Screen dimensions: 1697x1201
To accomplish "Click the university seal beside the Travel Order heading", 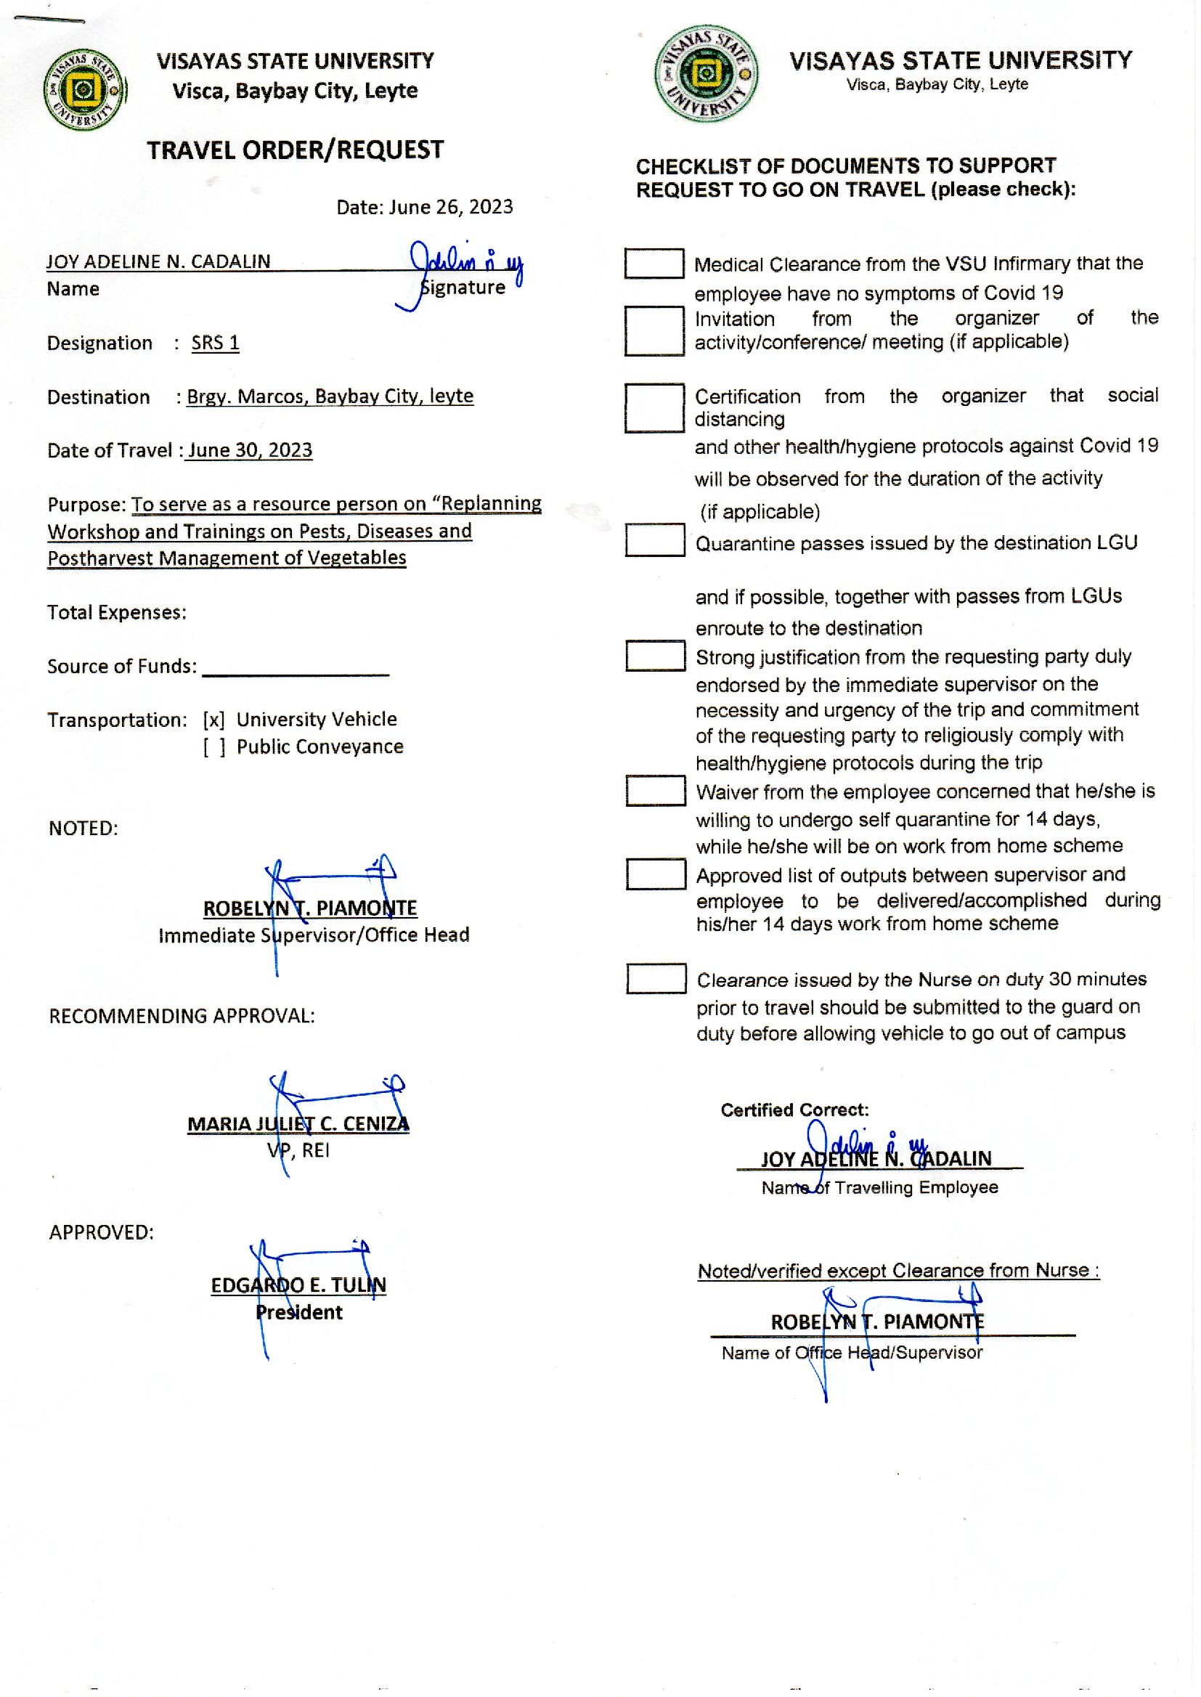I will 84,90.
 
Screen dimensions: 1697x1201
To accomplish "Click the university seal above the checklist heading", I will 707,73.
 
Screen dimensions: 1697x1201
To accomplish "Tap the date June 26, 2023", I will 450,207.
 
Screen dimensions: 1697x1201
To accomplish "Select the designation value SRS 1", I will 215,343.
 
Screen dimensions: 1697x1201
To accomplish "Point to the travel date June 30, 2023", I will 250,450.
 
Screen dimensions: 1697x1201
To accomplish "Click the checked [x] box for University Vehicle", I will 213,720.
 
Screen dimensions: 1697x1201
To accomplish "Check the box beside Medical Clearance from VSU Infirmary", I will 654,264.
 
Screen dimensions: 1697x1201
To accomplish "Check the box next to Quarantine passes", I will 654,540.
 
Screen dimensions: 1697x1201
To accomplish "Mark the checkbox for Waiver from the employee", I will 655,791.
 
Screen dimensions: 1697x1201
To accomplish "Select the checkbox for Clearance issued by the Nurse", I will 656,978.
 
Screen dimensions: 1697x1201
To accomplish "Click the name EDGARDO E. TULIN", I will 298,1285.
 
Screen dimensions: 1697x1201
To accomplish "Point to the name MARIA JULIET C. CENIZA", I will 298,1124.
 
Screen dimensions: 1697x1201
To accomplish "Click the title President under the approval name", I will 298,1312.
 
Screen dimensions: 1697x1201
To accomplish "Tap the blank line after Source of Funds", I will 295,668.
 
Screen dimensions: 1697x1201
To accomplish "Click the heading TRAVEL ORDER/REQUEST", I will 295,150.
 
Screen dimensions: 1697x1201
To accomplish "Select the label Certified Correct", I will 794,1110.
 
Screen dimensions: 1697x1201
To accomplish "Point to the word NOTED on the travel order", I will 83,828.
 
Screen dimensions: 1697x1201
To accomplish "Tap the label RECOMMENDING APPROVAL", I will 182,1016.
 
